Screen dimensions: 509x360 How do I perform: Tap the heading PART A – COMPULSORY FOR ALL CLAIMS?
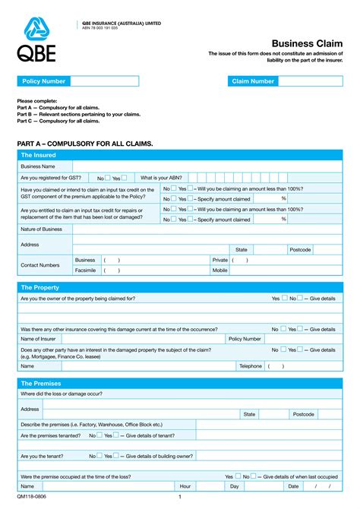(x=85, y=144)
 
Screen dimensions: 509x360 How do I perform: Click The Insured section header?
(x=39, y=155)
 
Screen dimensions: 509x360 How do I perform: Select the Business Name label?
(x=38, y=166)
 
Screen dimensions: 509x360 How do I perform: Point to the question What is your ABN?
(x=161, y=177)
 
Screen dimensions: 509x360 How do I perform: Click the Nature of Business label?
(x=42, y=229)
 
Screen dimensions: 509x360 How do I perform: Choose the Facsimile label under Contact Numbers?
(x=85, y=270)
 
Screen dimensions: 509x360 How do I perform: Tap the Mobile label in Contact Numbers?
(x=220, y=270)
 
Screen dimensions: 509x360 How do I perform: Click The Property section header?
(x=41, y=288)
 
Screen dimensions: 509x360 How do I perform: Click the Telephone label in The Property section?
(x=251, y=366)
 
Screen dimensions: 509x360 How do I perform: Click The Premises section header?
(x=41, y=384)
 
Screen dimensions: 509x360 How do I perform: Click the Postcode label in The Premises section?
(x=304, y=414)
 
